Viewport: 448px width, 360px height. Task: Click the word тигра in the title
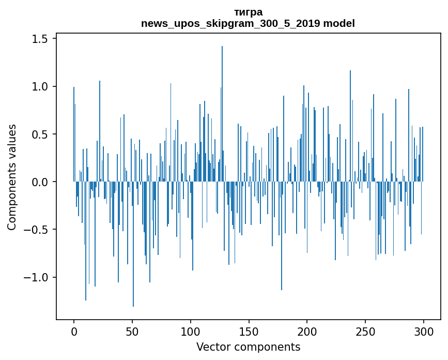pyautogui.click(x=248, y=12)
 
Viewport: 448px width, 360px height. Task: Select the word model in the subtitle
pyautogui.click(x=342, y=23)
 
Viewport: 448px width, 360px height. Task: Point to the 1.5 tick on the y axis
pyautogui.click(x=41, y=39)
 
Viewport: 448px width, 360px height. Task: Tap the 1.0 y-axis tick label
pyautogui.click(x=41, y=86)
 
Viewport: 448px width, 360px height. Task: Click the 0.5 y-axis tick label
pyautogui.click(x=41, y=134)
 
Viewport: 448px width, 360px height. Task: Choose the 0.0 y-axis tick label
pyautogui.click(x=41, y=182)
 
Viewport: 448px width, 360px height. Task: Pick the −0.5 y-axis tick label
pyautogui.click(x=38, y=229)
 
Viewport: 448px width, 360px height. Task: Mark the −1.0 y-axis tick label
pyautogui.click(x=38, y=277)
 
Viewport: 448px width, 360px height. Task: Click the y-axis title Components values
pyautogui.click(x=12, y=177)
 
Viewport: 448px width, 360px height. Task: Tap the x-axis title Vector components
pyautogui.click(x=248, y=347)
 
